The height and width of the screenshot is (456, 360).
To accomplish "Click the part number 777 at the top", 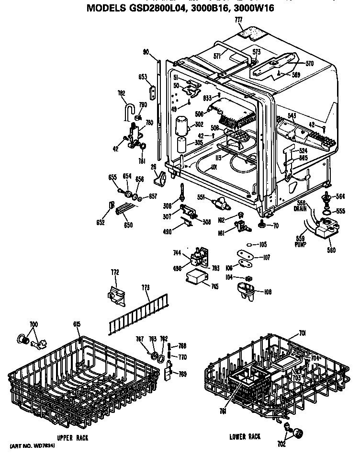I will pos(238,20).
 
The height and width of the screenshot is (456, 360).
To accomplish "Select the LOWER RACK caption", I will pos(245,436).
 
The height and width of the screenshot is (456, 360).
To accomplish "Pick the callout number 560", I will pos(331,250).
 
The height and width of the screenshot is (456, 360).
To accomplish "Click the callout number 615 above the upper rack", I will pos(77,324).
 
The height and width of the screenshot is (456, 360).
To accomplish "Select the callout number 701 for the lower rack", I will pos(302,333).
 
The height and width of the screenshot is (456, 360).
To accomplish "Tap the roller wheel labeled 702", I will pos(299,434).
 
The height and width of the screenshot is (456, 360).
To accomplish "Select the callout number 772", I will pos(114,272).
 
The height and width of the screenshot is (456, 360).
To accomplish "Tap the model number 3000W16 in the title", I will pos(253,8).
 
